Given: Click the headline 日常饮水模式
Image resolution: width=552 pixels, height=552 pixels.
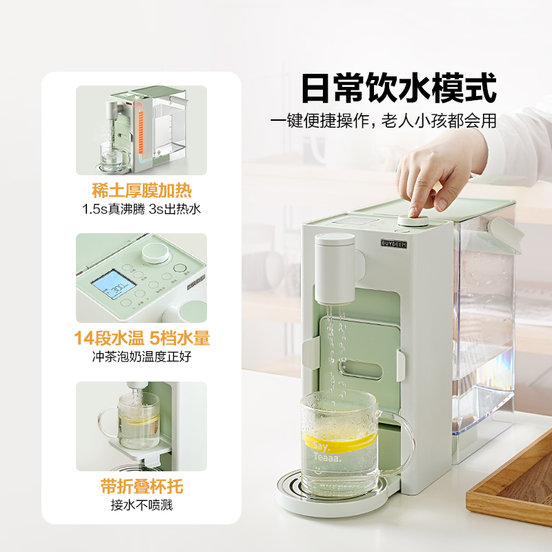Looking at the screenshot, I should (x=399, y=89).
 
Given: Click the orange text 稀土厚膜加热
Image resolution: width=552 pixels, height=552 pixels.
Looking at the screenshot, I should (x=141, y=190).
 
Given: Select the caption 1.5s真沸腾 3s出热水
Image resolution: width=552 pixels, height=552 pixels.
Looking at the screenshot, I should (x=141, y=209).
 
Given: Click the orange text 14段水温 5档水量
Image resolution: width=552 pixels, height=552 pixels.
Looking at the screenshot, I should (x=141, y=338).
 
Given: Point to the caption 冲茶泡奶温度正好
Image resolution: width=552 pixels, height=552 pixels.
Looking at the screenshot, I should (x=141, y=357).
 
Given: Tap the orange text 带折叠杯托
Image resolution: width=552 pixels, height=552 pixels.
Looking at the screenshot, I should (x=141, y=486).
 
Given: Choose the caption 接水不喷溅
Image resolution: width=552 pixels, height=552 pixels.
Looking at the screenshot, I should (x=141, y=505).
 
